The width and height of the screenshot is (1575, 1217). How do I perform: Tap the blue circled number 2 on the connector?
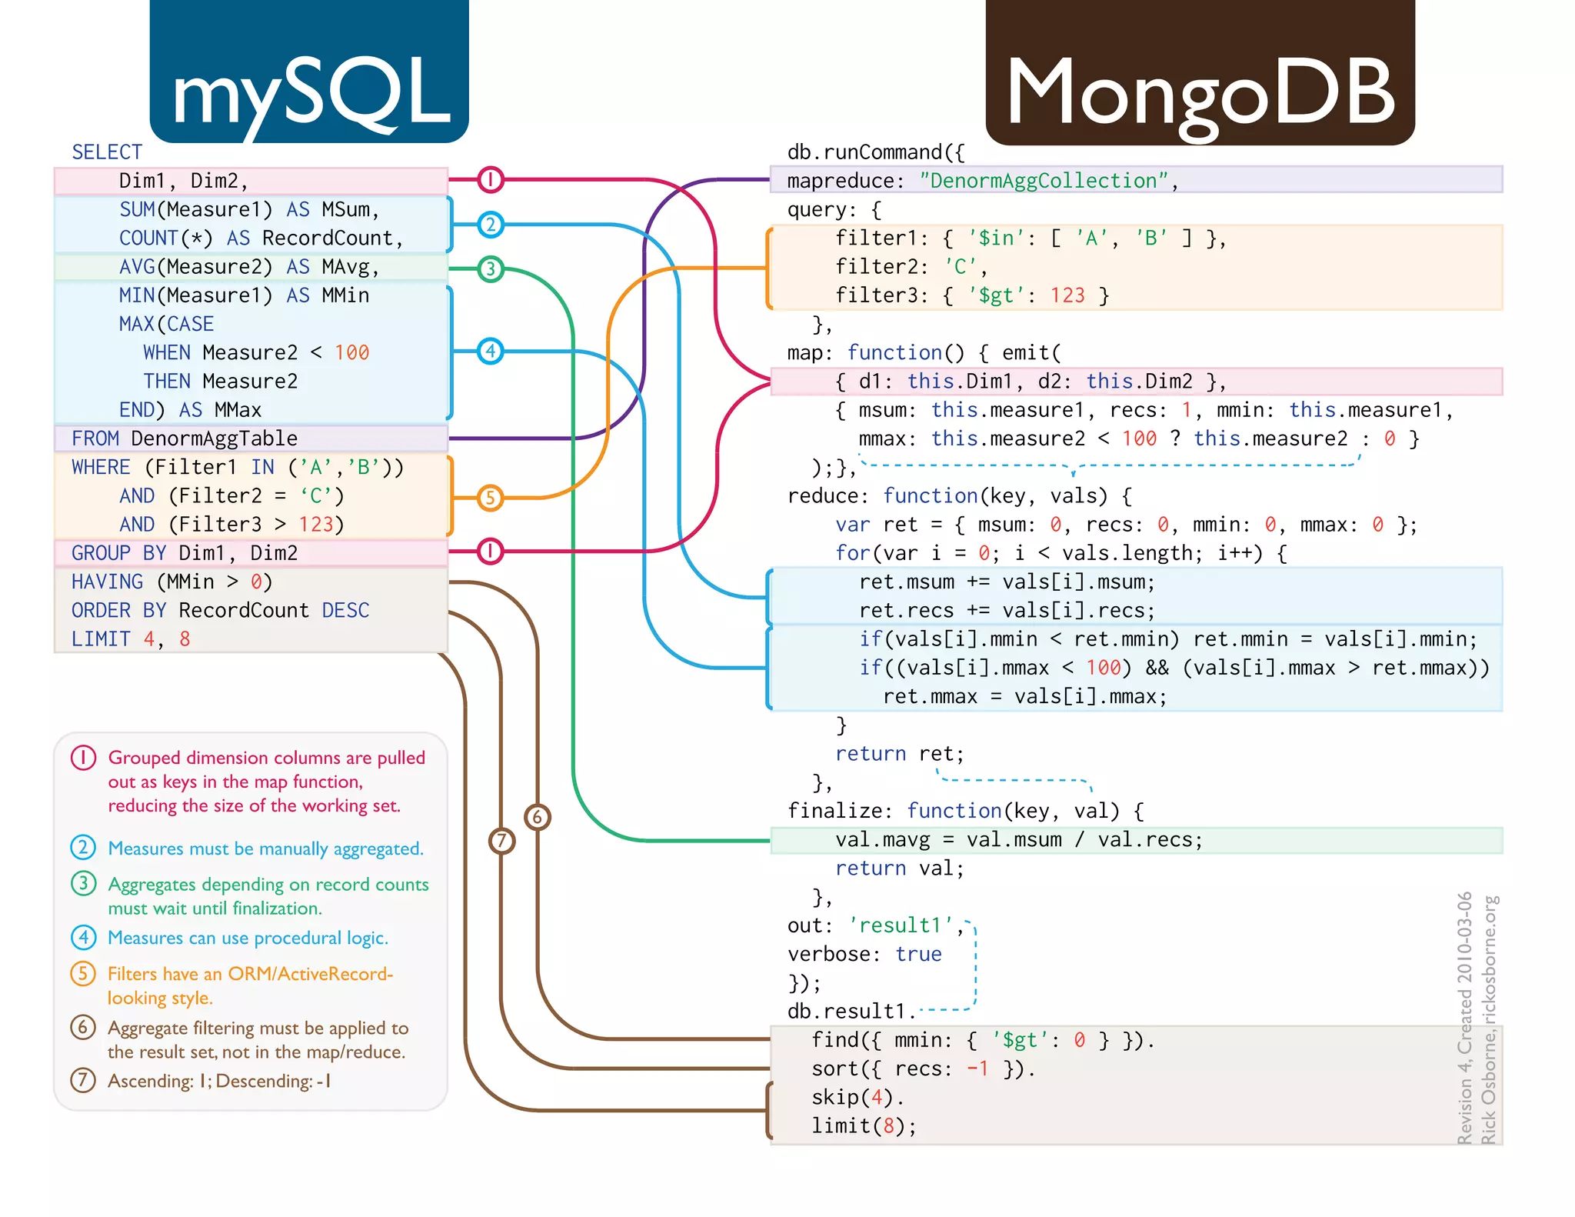click(x=491, y=225)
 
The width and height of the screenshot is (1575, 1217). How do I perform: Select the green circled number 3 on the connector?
click(x=491, y=269)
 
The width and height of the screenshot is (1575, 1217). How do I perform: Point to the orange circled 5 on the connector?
click(x=491, y=498)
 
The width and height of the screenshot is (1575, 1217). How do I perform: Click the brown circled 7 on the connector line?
click(x=502, y=841)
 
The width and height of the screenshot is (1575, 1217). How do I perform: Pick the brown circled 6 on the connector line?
click(x=538, y=817)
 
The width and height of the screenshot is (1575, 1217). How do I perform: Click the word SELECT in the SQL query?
click(x=107, y=152)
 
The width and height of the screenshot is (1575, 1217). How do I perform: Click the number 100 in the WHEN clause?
click(x=351, y=353)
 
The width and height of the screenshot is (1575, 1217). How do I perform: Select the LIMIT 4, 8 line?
click(x=131, y=639)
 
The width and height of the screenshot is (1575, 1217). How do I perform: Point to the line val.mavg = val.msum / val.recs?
click(x=1019, y=840)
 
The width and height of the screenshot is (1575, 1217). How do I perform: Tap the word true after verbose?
click(x=918, y=955)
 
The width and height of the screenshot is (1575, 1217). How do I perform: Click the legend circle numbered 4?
click(x=83, y=938)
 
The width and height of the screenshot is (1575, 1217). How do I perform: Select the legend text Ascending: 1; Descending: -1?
click(x=219, y=1081)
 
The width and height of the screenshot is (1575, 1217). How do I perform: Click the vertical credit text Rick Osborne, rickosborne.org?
click(x=1489, y=1019)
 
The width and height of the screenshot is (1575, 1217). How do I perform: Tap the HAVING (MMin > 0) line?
click(x=171, y=582)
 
